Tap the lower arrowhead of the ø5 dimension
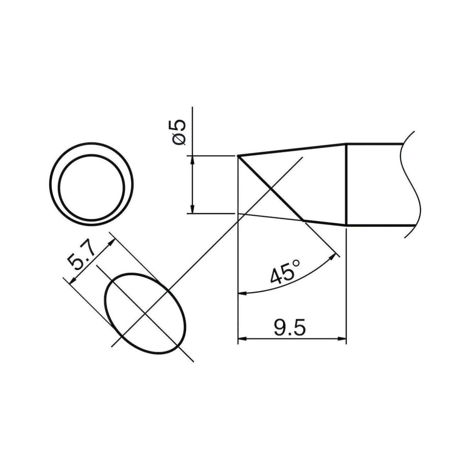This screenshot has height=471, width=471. (192, 209)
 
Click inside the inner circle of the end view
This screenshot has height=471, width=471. (91, 188)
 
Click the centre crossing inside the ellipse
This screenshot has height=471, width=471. (144, 313)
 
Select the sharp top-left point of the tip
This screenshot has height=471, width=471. (238, 155)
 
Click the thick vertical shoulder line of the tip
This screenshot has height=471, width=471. (346, 185)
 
